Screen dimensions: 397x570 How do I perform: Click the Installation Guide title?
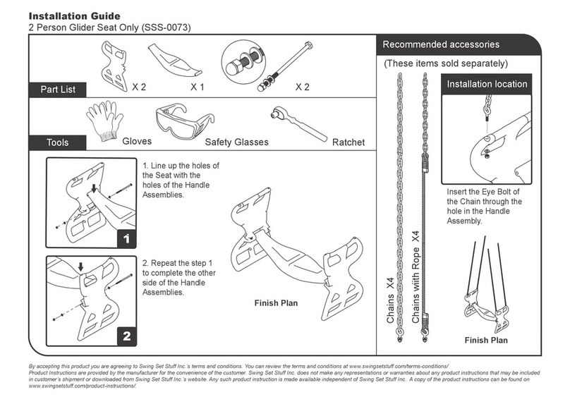[73, 15]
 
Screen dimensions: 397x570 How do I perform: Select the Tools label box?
[57, 142]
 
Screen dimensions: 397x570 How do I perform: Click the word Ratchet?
[348, 142]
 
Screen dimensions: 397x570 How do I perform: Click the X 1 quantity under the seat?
[197, 87]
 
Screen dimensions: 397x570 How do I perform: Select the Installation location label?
[487, 84]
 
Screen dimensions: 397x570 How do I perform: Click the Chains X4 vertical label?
[389, 300]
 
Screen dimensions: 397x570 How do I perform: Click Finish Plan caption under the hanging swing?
[485, 341]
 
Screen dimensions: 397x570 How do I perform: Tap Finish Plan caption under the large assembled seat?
[276, 303]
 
